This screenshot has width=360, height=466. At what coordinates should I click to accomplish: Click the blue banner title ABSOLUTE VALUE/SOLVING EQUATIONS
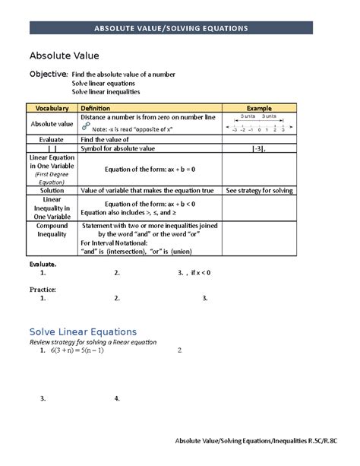(181, 28)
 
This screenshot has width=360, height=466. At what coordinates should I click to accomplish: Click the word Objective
(48, 74)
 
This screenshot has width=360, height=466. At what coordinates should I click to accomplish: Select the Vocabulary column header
(52, 109)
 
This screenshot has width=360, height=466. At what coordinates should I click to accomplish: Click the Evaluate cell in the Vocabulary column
(52, 140)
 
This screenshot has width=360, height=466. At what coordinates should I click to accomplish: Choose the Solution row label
(52, 190)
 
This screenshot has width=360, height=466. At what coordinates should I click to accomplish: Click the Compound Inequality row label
(52, 230)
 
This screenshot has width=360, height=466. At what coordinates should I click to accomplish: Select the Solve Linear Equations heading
(83, 331)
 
